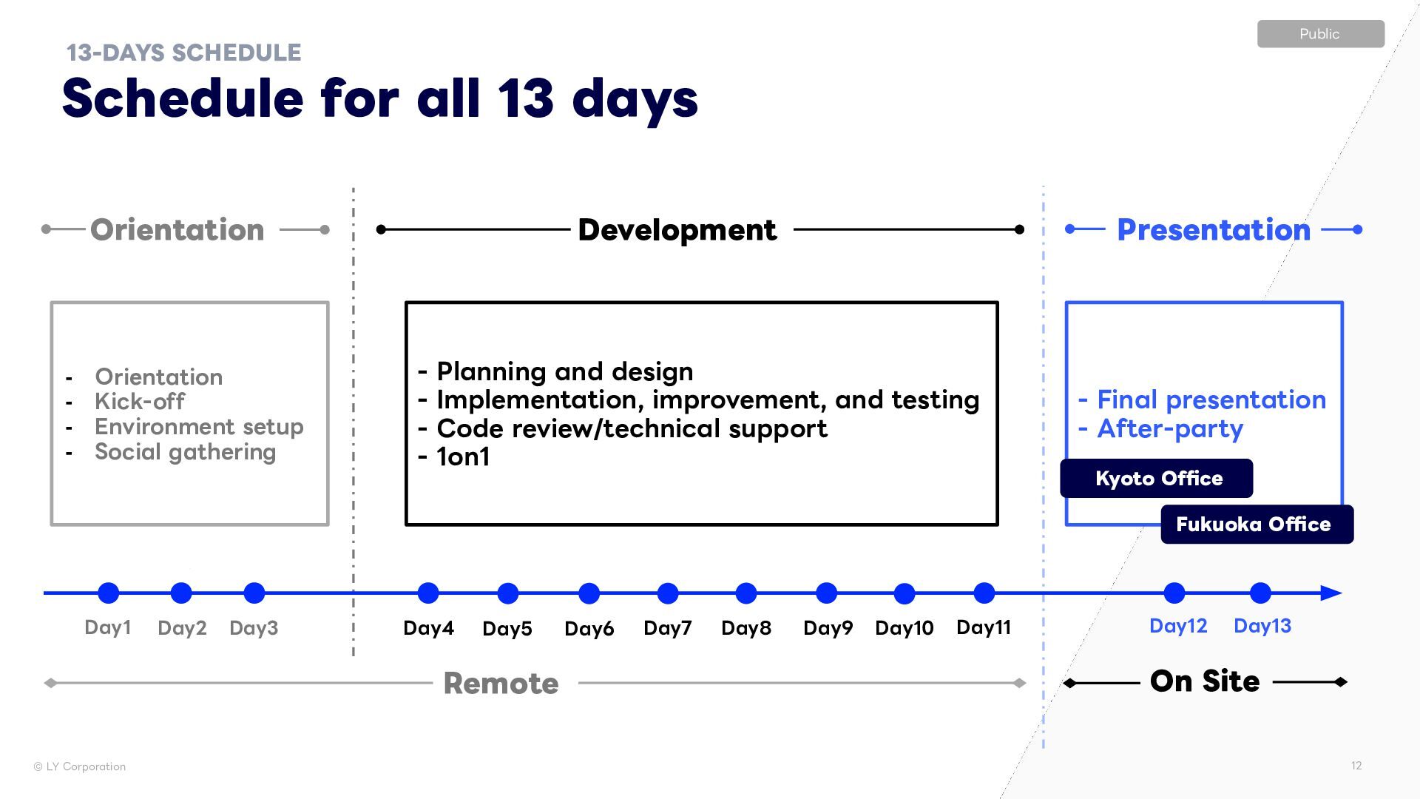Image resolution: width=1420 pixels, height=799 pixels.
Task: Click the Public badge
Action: tap(1320, 34)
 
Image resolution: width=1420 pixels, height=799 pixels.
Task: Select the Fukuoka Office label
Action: tap(1257, 525)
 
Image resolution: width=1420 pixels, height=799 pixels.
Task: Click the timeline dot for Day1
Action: tap(109, 593)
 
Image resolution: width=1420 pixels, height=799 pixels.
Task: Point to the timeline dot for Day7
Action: tap(668, 593)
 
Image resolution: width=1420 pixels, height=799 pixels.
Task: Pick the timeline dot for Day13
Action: tap(1260, 593)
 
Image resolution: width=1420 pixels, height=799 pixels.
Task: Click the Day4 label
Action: tap(428, 628)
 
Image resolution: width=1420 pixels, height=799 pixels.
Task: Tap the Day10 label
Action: tap(904, 628)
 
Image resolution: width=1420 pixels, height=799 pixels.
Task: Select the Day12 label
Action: tap(1177, 626)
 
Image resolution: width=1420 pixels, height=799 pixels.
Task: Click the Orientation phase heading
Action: tap(177, 230)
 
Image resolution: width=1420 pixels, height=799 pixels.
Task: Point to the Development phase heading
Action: tap(677, 230)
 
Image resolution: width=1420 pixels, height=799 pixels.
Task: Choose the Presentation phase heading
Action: tap(1213, 230)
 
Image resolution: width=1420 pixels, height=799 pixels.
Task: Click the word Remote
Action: tap(501, 684)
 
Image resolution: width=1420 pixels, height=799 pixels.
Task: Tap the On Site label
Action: tap(1204, 681)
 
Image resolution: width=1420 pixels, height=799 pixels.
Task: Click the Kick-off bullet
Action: tap(140, 402)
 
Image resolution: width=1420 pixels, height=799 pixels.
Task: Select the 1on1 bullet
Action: tap(463, 457)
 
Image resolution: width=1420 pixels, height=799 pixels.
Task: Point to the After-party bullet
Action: tap(1169, 429)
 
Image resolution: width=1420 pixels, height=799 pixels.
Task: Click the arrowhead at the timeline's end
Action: tap(1331, 593)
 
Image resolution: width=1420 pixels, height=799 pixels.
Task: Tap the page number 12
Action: tap(1356, 766)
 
